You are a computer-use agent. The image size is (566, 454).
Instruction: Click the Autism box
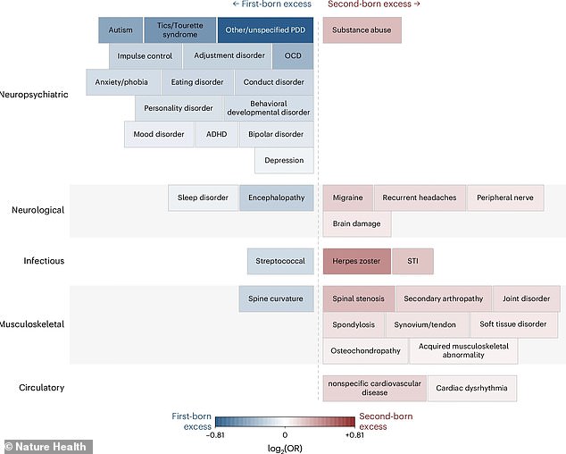click(121, 30)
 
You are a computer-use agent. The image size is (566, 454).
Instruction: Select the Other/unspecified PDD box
click(265, 30)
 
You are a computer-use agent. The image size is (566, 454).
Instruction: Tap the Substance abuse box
click(362, 30)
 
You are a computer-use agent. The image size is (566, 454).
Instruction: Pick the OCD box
click(293, 56)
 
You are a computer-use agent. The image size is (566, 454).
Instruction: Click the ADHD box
click(217, 134)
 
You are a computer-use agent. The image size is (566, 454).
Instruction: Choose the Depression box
click(284, 161)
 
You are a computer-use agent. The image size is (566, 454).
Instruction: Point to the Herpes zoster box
click(356, 261)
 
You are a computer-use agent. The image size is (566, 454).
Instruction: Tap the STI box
click(412, 261)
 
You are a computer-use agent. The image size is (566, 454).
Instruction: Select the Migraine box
click(347, 198)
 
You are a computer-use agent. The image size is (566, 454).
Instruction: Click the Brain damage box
click(356, 223)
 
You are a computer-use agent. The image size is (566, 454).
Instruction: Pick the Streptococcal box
click(280, 261)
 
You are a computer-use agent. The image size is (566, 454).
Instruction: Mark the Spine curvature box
click(276, 298)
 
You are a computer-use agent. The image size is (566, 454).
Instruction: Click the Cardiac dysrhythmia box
click(471, 388)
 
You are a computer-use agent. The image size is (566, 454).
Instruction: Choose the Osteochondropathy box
click(366, 350)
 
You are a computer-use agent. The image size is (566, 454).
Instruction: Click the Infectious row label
click(44, 261)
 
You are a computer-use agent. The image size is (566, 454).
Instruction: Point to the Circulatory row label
click(41, 388)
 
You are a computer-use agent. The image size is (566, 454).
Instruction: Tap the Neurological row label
click(37, 210)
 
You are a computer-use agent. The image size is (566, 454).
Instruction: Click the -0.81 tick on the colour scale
click(215, 435)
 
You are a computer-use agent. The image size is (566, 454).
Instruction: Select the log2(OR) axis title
click(285, 449)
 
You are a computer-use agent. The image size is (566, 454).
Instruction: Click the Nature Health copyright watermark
click(46, 447)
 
